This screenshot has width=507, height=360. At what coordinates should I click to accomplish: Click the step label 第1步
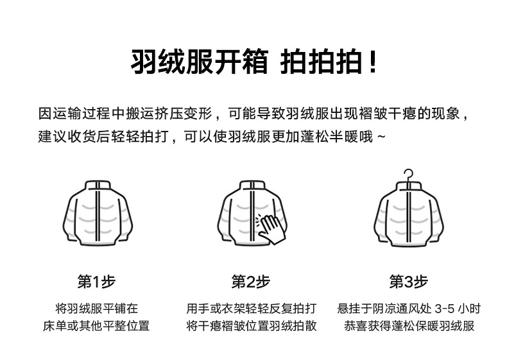coord(96,282)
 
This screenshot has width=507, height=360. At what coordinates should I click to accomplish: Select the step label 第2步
coord(251,282)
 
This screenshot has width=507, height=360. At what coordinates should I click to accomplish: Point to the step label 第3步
coord(409,282)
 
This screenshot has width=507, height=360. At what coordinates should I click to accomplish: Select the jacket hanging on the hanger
coord(409,215)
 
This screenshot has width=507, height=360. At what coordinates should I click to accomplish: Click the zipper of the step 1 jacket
coord(96,215)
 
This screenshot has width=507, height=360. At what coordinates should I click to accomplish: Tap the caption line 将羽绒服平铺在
coord(96,308)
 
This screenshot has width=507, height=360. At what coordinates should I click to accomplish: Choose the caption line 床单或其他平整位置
coord(96,326)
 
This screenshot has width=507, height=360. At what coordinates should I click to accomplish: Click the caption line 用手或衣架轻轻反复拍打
coord(251,308)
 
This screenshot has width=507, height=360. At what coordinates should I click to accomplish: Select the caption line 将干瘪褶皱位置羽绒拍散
coord(251,326)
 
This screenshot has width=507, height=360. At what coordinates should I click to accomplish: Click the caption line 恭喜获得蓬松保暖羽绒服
coord(409,326)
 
